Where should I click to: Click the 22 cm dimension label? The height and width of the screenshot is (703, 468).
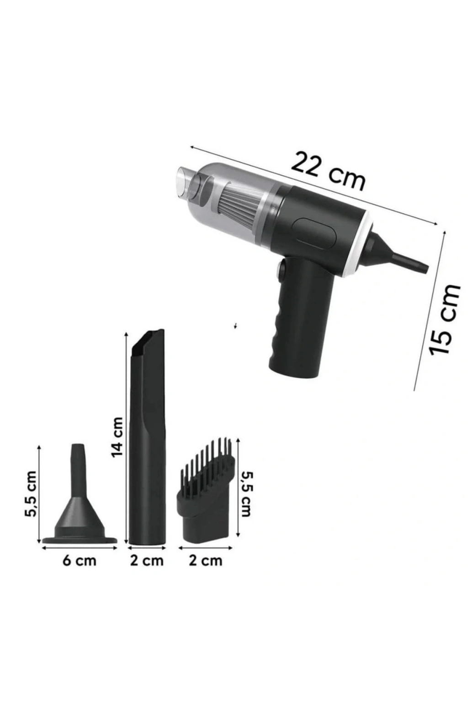point(328,171)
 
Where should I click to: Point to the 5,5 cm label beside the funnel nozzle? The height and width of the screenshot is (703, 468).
point(32,494)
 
